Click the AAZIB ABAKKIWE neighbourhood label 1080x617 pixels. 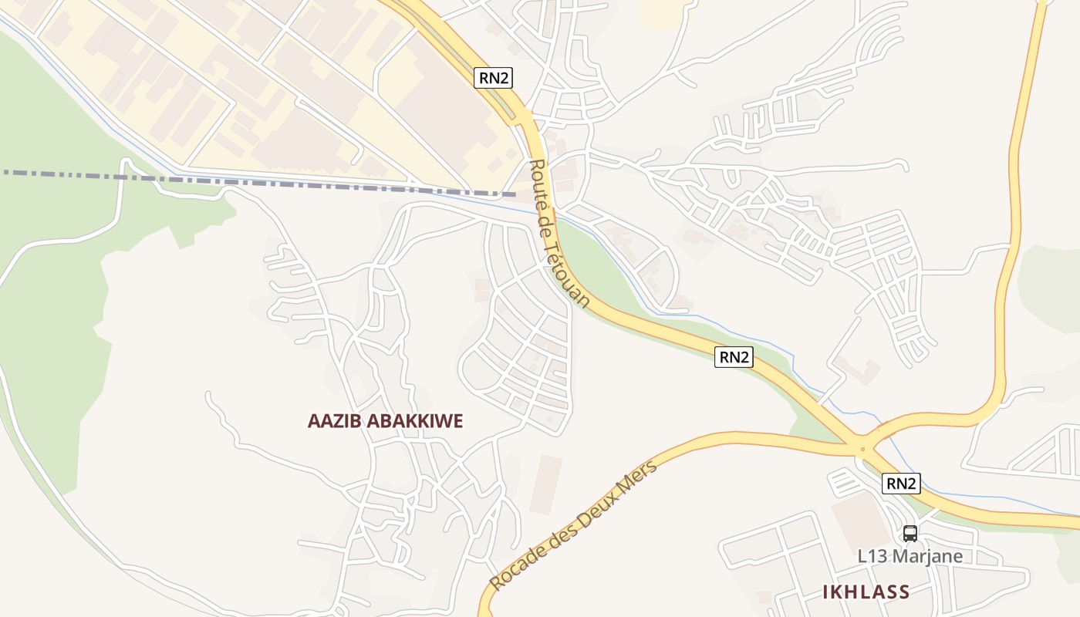(x=385, y=421)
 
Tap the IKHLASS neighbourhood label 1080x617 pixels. (x=866, y=592)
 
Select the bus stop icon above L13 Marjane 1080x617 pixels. (x=910, y=534)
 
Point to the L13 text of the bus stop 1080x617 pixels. (x=872, y=555)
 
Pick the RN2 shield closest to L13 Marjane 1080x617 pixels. (x=901, y=484)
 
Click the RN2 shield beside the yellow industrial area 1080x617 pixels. (x=493, y=77)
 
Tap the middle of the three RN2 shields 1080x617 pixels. (x=733, y=356)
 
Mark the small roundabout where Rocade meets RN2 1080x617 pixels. (x=862, y=448)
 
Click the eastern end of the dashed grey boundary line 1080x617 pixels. (x=515, y=194)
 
